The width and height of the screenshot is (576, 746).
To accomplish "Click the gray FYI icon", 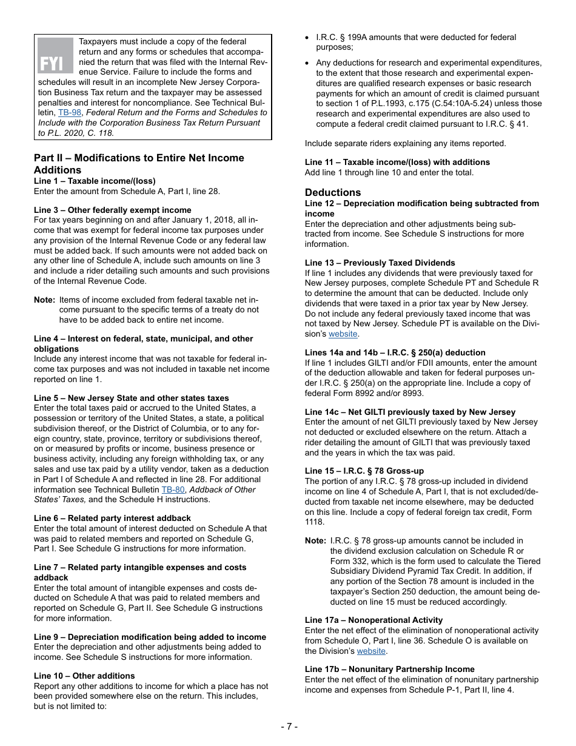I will tap(55, 56).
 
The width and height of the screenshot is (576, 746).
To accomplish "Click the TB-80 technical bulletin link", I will tap(170, 489).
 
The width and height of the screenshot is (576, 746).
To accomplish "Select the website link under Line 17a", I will tap(371, 651).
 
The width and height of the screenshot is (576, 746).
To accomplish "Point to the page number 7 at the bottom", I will tap(289, 726).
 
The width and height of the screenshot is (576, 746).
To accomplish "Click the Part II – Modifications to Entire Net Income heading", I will tap(139, 158).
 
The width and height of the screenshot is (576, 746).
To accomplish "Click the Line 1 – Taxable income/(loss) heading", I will tap(95, 181).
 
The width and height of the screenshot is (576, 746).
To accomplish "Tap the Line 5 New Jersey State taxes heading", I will tap(132, 398).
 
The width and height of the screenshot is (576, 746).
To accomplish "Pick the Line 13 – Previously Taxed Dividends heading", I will tap(380, 263).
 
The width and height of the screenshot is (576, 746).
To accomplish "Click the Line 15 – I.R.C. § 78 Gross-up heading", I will tap(364, 471).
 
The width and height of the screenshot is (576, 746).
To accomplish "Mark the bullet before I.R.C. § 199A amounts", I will tap(308, 38).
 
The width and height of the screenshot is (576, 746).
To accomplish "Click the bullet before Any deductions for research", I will tap(308, 63).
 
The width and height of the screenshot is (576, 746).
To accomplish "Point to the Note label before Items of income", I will tap(44, 300).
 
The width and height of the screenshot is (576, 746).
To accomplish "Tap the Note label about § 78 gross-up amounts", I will tap(315, 540).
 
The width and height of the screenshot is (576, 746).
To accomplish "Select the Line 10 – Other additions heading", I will tap(84, 676).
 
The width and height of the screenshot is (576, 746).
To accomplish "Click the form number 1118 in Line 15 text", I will tap(315, 522).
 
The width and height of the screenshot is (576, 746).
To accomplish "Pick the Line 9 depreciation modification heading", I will tap(150, 637).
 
